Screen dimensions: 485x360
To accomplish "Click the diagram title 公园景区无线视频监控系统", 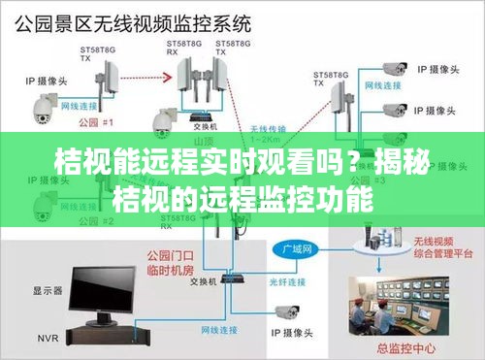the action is point(137,20).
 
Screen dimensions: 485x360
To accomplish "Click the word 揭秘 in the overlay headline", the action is point(398,160).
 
